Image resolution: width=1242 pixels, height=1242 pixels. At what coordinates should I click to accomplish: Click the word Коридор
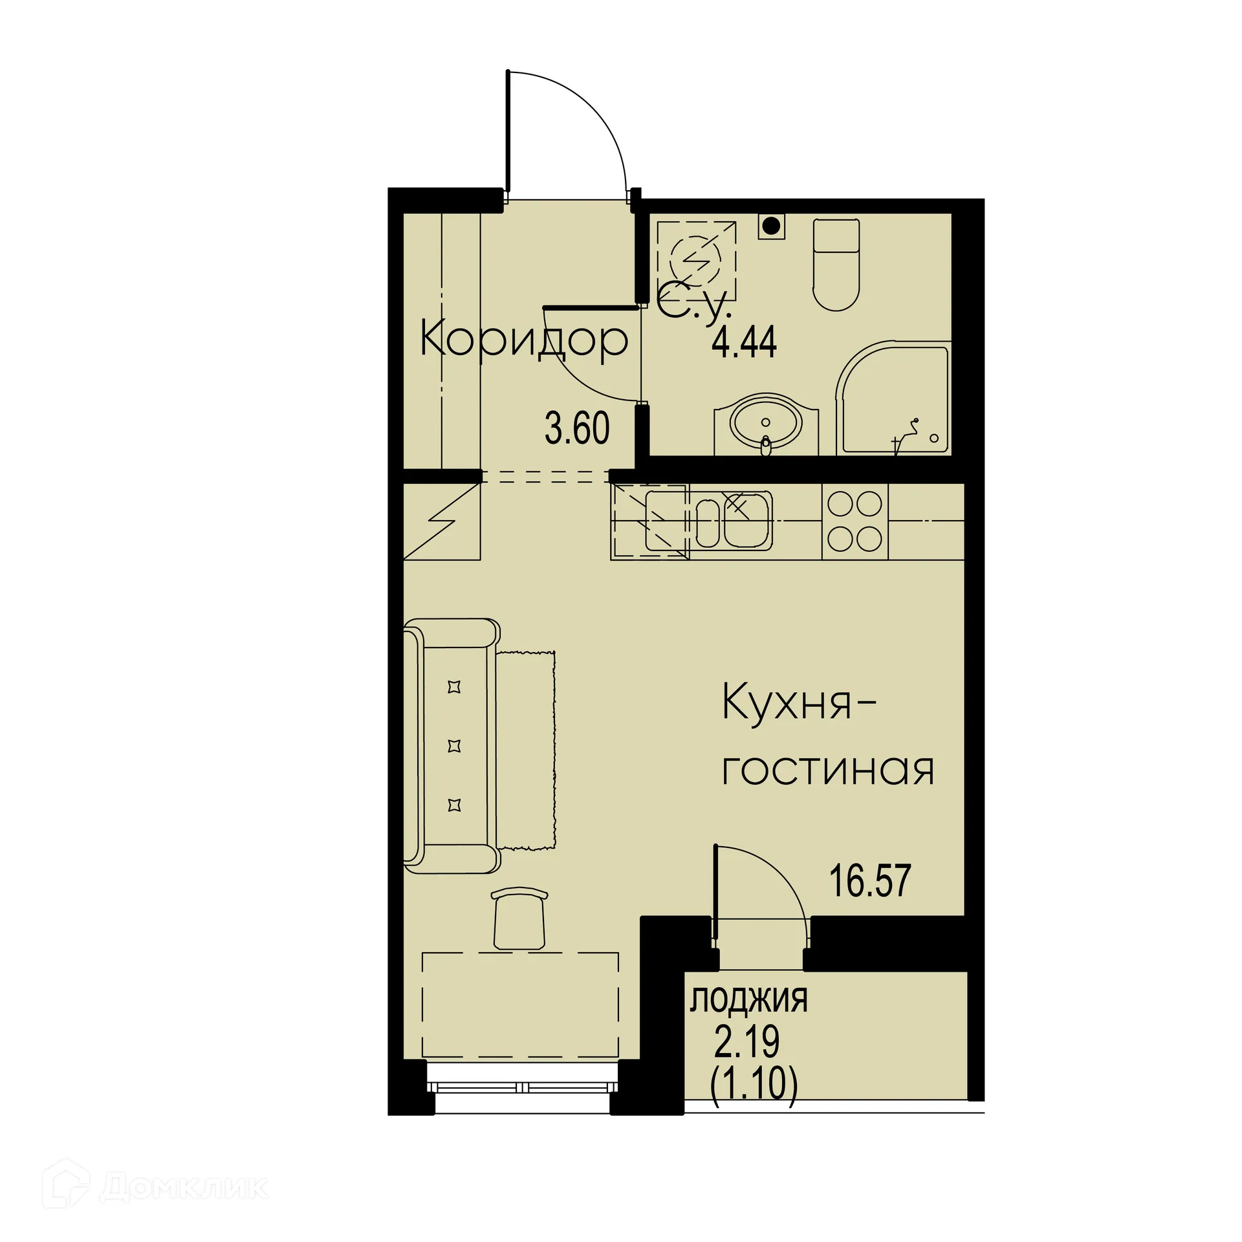pos(523,338)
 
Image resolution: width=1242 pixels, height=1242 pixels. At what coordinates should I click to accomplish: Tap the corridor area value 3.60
pos(577,428)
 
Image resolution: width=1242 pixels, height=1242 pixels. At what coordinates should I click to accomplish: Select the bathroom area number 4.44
pos(744,342)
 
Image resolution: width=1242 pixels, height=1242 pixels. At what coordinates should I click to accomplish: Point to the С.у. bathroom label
pos(694,306)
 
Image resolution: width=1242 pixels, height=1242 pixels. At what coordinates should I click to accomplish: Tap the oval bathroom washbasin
pos(766,425)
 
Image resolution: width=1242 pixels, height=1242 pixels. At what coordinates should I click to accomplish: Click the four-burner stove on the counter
pos(855,521)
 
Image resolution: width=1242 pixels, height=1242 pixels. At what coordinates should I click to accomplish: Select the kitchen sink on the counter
pos(734,521)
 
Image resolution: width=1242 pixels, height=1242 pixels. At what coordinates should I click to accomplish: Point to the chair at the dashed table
pos(519,919)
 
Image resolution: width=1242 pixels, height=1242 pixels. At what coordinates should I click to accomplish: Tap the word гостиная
pos(828,770)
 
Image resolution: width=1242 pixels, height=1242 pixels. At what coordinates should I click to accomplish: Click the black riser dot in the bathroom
pos(770,226)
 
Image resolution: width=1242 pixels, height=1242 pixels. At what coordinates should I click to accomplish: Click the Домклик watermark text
pos(184,1188)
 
